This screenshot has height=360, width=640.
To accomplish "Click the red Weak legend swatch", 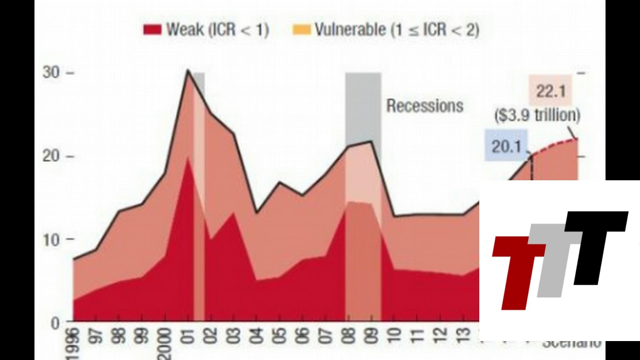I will coord(152,29).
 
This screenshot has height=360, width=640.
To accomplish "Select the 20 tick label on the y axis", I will coord(52,156).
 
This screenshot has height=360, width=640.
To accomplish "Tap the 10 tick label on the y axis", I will coord(52,239).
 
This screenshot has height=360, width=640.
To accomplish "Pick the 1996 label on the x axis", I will coord(73,343).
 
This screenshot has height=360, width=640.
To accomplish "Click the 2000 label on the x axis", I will coord(165,343).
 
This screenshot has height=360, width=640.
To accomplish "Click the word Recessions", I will coord(424,106).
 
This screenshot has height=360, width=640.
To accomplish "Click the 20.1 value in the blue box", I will coord(506,146).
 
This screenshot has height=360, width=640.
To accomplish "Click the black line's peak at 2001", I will coord(188,70).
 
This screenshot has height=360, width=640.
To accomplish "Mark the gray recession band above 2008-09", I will coord(363,109).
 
